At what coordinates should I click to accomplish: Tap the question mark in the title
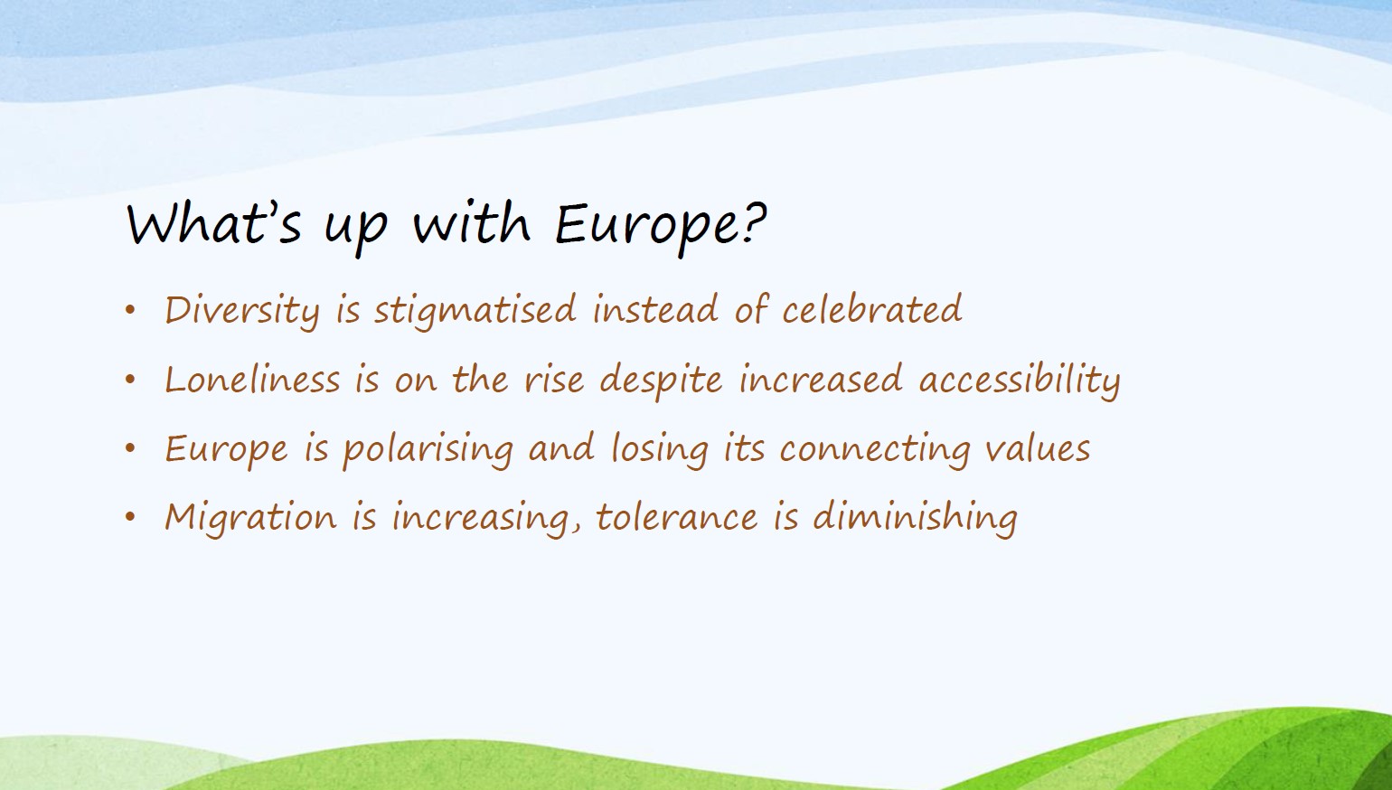tap(755, 221)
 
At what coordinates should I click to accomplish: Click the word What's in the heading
tap(213, 221)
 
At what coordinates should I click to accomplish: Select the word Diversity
tap(242, 310)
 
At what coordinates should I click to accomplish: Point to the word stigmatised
tap(475, 310)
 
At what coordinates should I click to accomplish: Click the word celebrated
tap(872, 309)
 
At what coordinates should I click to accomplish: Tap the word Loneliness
tap(252, 379)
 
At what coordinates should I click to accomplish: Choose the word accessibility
tap(1020, 380)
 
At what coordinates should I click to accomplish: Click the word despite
tap(661, 380)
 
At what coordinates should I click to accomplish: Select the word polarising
tap(428, 449)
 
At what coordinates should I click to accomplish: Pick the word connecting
tap(875, 449)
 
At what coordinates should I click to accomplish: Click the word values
tap(1037, 448)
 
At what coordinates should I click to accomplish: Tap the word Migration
tap(250, 518)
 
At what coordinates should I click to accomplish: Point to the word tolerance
tap(677, 516)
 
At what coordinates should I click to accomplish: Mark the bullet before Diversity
tap(130, 309)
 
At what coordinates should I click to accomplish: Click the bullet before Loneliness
tap(130, 379)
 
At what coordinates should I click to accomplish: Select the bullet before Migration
tap(130, 516)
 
